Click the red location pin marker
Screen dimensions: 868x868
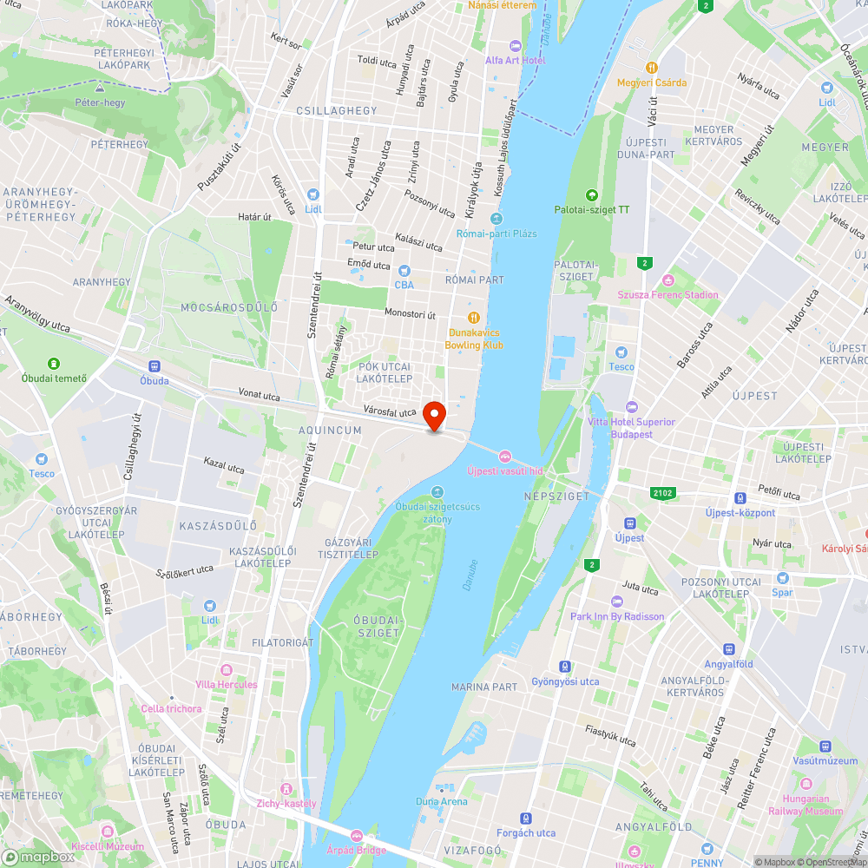pyautogui.click(x=435, y=415)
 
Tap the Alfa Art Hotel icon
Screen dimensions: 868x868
pyautogui.click(x=516, y=45)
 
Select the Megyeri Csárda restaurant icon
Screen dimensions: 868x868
pyautogui.click(x=651, y=67)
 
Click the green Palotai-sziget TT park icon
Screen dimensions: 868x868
pyautogui.click(x=592, y=194)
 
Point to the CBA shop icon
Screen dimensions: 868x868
pyautogui.click(x=404, y=270)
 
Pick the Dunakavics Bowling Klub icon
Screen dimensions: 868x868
pyautogui.click(x=474, y=318)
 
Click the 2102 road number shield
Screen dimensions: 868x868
pyautogui.click(x=662, y=493)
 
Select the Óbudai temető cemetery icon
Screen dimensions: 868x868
pyautogui.click(x=54, y=363)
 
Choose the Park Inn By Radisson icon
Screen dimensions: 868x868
pyautogui.click(x=617, y=602)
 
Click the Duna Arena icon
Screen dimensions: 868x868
pyautogui.click(x=441, y=787)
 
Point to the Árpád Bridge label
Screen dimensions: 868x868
pyautogui.click(x=356, y=850)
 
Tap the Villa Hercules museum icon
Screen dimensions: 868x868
pyautogui.click(x=227, y=670)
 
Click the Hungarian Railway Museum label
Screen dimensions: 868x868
pyautogui.click(x=805, y=805)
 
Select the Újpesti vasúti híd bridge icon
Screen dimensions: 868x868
pyautogui.click(x=504, y=455)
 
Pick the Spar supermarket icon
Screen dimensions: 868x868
pyautogui.click(x=783, y=577)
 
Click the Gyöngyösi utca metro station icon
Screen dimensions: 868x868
pyautogui.click(x=565, y=667)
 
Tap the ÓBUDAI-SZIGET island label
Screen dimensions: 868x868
pyautogui.click(x=377, y=626)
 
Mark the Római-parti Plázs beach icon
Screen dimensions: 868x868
pyautogui.click(x=496, y=219)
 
